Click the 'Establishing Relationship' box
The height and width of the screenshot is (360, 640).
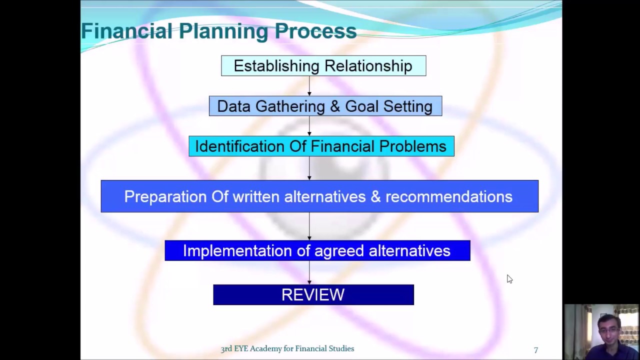point(323,66)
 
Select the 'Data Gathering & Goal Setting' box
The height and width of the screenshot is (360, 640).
point(325,106)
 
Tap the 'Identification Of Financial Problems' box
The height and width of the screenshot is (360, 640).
point(321,146)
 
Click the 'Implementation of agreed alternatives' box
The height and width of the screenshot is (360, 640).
point(317,250)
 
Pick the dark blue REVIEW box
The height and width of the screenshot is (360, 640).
point(313,295)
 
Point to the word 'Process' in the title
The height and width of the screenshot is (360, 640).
point(315,31)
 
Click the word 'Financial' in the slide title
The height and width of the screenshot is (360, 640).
point(127,31)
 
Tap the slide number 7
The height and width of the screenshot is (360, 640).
point(535,350)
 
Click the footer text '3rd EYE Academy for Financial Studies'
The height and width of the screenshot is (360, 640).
point(287,349)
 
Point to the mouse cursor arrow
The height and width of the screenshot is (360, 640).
point(509,278)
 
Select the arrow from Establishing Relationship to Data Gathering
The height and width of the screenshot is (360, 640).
point(309,86)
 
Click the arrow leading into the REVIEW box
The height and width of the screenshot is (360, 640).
point(309,273)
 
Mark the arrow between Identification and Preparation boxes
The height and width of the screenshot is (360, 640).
point(309,168)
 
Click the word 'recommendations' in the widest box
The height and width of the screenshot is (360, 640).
point(448,197)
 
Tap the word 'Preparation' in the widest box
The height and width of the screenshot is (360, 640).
point(165,197)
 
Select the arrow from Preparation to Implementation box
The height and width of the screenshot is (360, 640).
point(309,226)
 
